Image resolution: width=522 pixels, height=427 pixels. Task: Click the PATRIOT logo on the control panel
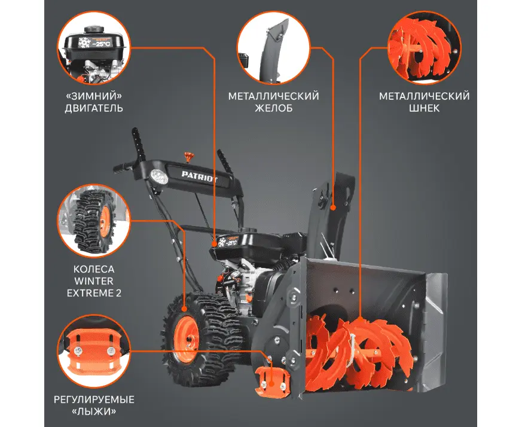(199, 177)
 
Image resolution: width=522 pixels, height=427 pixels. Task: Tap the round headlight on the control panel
(159, 176)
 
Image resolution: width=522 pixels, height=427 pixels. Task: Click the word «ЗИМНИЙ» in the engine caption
(94, 96)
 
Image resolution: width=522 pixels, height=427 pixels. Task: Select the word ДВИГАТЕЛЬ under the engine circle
(94, 108)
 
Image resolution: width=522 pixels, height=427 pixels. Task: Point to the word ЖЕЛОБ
(274, 108)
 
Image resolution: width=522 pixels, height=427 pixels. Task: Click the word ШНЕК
(424, 108)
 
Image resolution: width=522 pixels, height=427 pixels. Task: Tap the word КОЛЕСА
(94, 269)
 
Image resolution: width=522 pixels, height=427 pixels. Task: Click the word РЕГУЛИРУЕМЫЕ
(94, 399)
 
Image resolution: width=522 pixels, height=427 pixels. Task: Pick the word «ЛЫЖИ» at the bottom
(94, 411)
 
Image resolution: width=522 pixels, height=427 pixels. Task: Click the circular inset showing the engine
(93, 47)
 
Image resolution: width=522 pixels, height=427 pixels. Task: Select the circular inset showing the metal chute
(274, 47)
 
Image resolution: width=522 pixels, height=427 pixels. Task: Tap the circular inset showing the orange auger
(424, 47)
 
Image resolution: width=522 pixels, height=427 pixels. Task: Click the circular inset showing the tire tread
(93, 221)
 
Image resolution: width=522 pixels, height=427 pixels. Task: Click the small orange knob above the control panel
(189, 157)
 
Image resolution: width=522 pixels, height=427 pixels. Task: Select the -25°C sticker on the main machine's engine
(227, 241)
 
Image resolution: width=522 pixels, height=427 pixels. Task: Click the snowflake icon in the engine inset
(84, 42)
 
